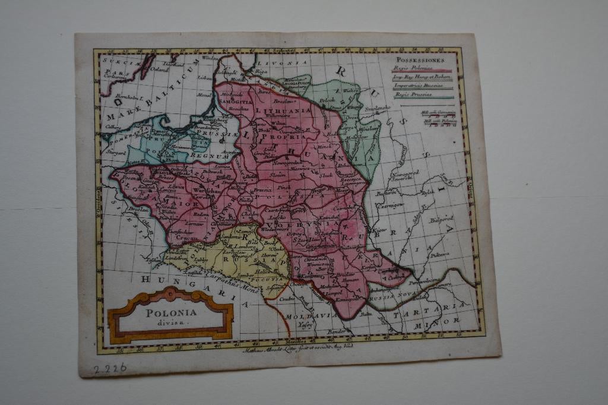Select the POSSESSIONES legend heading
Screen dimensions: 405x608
[x=420, y=61]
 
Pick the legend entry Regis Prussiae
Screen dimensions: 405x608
[x=414, y=94]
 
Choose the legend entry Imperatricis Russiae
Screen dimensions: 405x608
[x=418, y=86]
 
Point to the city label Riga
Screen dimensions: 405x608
[x=261, y=71]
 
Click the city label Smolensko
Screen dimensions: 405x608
[x=375, y=109]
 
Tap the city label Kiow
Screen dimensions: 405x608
[x=379, y=229]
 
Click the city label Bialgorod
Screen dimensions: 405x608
[x=441, y=219]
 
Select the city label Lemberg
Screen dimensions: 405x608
[x=243, y=246]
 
